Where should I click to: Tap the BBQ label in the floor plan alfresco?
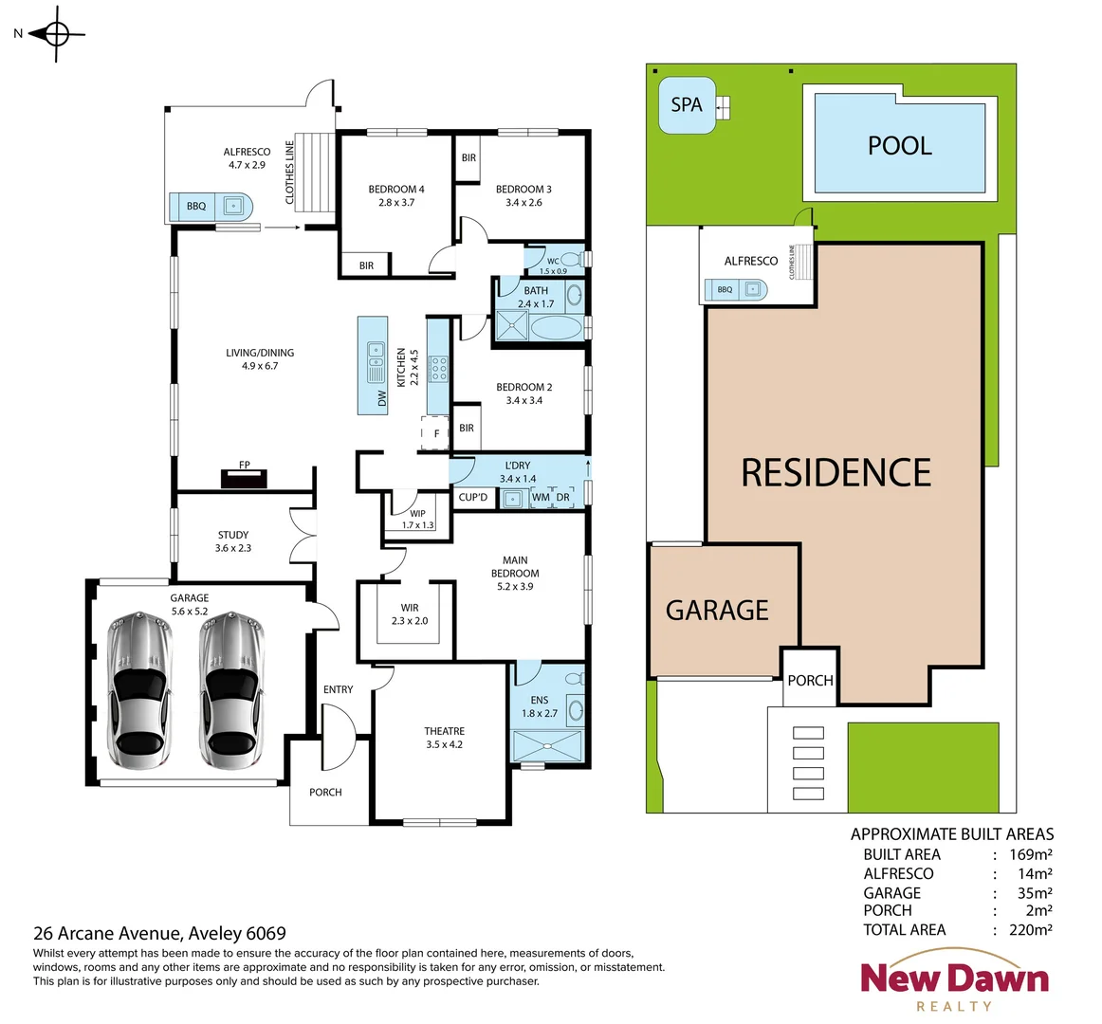point(196,206)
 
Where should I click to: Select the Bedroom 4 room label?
point(396,195)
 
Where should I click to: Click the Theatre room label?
point(444,738)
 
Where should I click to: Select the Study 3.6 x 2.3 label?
point(233,541)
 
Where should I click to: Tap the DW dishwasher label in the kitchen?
point(381,397)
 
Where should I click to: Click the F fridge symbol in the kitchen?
point(436,433)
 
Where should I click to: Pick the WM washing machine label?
point(541,497)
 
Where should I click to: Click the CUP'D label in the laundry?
point(473,497)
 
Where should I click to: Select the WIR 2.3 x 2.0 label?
point(410,614)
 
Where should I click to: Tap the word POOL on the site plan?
point(899,146)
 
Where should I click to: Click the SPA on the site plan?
point(687,104)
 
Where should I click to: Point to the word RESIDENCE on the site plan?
point(836,472)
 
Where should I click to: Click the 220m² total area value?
point(1030,930)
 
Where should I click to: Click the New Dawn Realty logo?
point(954,986)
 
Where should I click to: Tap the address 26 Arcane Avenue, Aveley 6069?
point(159,933)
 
